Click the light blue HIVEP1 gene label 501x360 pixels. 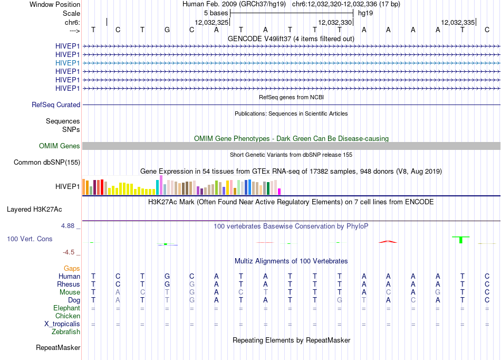pyautogui.click(x=68, y=63)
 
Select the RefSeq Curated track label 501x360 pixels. pyautogui.click(x=56, y=105)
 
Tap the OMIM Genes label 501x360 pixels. pyautogui.click(x=60, y=146)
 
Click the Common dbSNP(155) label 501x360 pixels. pyautogui.click(x=47, y=163)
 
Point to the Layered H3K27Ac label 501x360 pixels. pyautogui.click(x=34, y=210)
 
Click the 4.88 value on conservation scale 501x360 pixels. pyautogui.click(x=68, y=226)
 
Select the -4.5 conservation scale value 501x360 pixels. pyautogui.click(x=69, y=252)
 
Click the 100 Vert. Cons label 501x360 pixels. pyautogui.click(x=30, y=239)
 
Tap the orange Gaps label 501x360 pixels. pyautogui.click(x=72, y=269)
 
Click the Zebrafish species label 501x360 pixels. pyautogui.click(x=66, y=332)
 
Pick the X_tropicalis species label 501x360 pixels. pyautogui.click(x=62, y=324)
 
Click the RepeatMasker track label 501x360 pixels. pyautogui.click(x=58, y=347)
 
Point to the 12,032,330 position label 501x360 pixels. pyautogui.click(x=335, y=22)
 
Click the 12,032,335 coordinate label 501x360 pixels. pyautogui.click(x=458, y=22)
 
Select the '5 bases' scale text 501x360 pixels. pyautogui.click(x=216, y=13)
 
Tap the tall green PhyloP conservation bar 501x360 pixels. pyautogui.click(x=461, y=240)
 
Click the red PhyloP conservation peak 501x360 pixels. pyautogui.click(x=388, y=241)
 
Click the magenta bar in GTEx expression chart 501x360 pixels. pyautogui.click(x=280, y=192)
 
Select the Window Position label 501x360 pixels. pyautogui.click(x=55, y=4)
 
